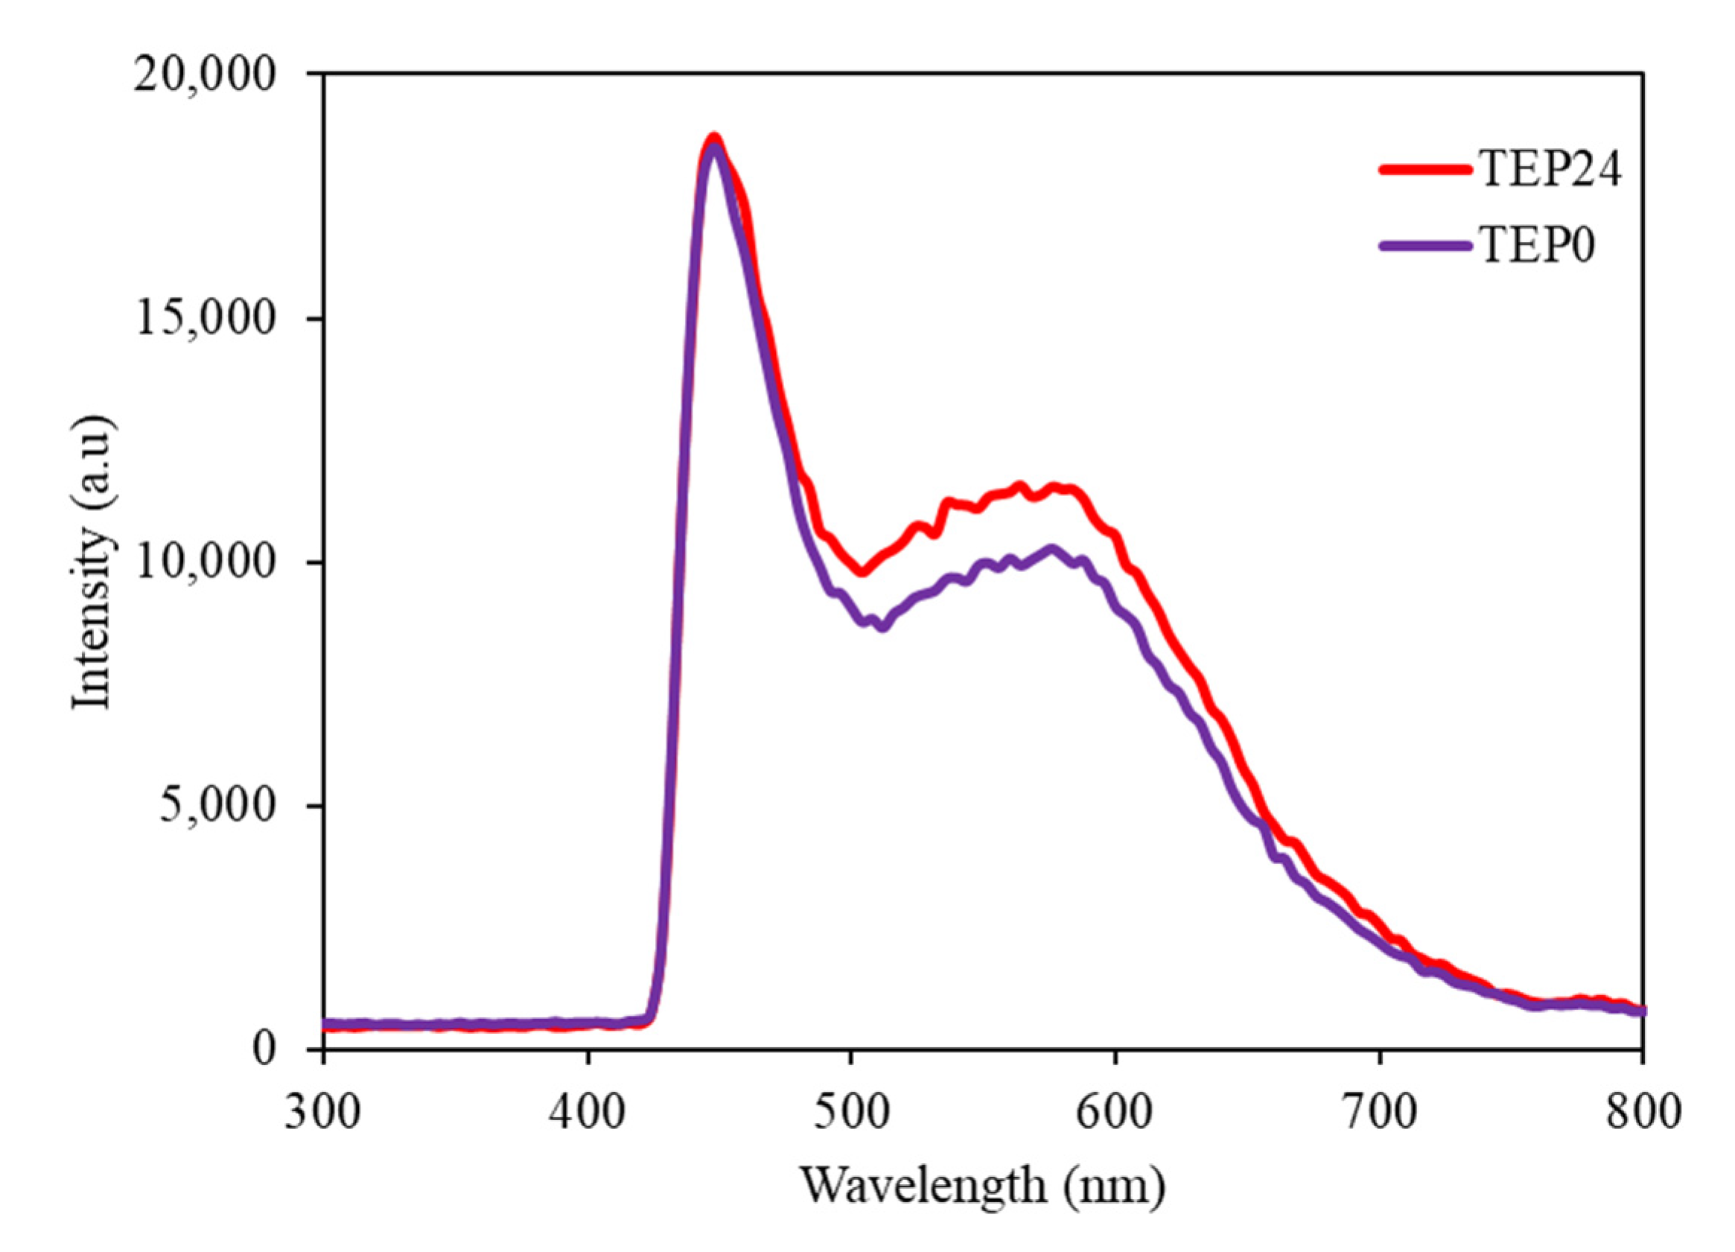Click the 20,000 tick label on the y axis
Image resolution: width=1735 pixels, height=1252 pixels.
(x=203, y=77)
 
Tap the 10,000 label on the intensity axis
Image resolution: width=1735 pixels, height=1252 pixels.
(x=203, y=563)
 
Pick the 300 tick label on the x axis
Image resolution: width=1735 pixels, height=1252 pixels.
(x=322, y=1113)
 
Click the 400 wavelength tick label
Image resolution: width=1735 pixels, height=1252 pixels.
(x=587, y=1113)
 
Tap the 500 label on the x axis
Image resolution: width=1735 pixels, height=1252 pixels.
(x=850, y=1113)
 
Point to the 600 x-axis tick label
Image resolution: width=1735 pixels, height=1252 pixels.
(x=1115, y=1113)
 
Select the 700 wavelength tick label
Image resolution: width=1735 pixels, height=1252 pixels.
(x=1378, y=1113)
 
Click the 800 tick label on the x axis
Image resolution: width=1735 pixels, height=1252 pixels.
(x=1642, y=1113)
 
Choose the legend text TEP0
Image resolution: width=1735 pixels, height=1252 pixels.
(x=1538, y=246)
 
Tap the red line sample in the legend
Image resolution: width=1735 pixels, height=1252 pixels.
(x=1426, y=169)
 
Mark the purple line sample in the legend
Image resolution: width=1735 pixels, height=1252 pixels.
(x=1426, y=246)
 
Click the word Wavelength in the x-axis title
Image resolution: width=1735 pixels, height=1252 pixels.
(x=923, y=1186)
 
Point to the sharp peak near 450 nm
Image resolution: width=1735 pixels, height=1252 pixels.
(x=714, y=142)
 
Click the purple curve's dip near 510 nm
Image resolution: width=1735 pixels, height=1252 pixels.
(x=883, y=626)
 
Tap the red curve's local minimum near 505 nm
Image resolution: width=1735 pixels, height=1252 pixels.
(x=862, y=572)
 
